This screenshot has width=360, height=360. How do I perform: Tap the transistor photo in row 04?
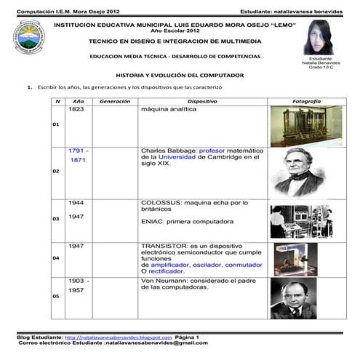pos(295,260)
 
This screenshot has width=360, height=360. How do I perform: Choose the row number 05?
pos(57,296)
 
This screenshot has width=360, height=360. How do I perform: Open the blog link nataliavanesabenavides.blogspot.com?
pos(119,337)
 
